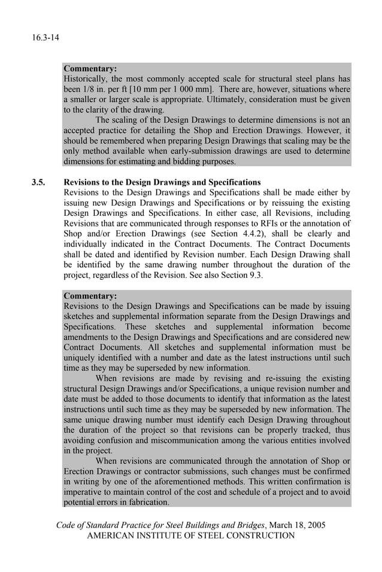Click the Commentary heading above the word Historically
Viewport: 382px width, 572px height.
point(90,69)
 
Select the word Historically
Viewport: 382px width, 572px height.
point(86,79)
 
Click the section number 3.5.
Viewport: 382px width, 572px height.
point(39,182)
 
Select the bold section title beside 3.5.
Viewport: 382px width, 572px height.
point(162,182)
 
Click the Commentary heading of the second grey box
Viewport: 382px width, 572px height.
point(90,295)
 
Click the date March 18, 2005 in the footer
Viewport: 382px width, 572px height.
point(297,525)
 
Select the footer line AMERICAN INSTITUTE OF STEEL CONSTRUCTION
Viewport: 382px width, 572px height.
point(191,536)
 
